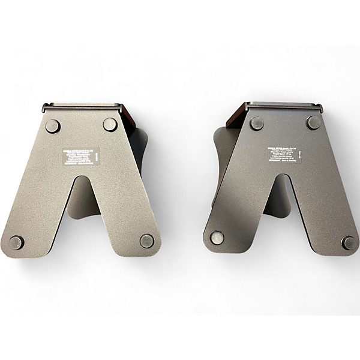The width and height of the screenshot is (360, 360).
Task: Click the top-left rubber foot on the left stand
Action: click(x=53, y=126)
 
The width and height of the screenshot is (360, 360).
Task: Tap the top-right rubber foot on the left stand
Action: click(x=110, y=125)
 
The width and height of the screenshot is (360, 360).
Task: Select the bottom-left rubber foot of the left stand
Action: click(x=16, y=242)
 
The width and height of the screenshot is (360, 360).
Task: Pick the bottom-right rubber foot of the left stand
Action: click(x=147, y=241)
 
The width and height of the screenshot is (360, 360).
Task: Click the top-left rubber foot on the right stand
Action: click(x=257, y=124)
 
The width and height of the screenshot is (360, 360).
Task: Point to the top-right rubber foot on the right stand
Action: click(x=314, y=122)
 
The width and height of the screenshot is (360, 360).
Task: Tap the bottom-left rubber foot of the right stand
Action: click(x=217, y=238)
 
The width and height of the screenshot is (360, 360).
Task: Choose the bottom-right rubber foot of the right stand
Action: click(x=348, y=242)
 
